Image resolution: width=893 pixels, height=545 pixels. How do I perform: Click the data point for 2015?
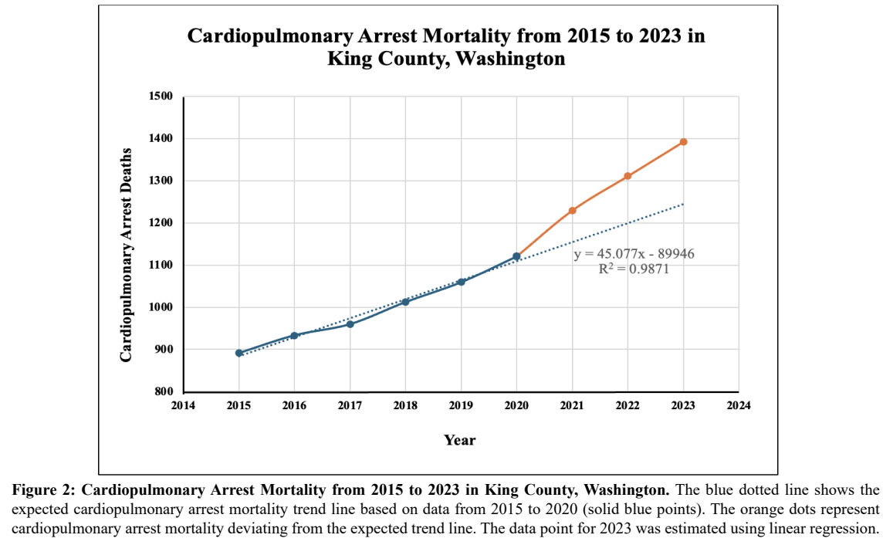coord(239,353)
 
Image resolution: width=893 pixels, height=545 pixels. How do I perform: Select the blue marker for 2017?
coord(350,324)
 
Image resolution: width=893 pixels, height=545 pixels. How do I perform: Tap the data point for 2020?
coord(516,256)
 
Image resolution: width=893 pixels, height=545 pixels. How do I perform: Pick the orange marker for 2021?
coord(572,211)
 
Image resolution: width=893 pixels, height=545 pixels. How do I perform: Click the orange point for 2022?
coord(627,176)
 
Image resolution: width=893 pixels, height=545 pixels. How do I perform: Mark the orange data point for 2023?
coord(683,142)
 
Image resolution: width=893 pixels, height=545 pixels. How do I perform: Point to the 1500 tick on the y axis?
coord(161,96)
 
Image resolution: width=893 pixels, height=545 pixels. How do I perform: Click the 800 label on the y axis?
coord(163,391)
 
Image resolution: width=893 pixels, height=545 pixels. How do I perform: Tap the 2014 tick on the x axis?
coord(184,405)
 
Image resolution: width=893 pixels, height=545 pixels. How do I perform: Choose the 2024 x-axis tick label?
coord(739,405)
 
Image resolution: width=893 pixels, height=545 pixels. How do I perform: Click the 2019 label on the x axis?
coord(461,405)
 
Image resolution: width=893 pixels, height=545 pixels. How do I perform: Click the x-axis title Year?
coord(460,441)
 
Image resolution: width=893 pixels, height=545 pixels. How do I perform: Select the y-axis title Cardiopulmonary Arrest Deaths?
coord(127,244)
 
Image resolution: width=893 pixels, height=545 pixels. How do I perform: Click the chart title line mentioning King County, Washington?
coord(447,59)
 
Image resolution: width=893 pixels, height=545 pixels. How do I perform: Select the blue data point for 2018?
coord(405,302)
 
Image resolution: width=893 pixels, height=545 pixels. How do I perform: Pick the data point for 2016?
coord(294,336)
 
